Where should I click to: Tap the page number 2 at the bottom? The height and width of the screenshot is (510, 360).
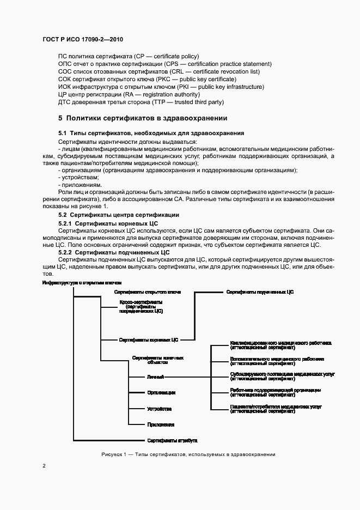[x=44, y=466]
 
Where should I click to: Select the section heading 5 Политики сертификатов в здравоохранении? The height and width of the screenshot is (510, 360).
[x=143, y=118]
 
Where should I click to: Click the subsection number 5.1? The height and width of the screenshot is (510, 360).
[x=62, y=133]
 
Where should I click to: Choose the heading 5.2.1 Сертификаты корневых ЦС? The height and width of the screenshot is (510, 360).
[x=108, y=223]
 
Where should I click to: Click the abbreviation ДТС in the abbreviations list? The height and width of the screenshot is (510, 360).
[x=64, y=102]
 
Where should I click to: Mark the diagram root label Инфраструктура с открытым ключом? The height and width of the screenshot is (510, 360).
[x=81, y=283]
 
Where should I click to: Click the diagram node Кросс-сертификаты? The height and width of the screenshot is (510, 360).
[x=141, y=302]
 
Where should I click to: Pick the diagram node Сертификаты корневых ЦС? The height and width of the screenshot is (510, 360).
[x=149, y=339]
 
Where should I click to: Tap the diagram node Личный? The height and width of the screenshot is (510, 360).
[x=154, y=377]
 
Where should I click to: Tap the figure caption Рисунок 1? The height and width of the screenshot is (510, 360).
[x=188, y=454]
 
